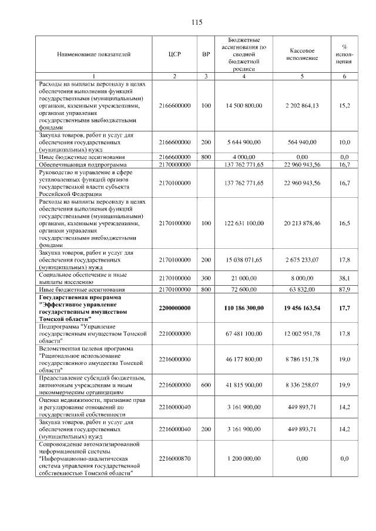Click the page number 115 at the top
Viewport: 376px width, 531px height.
(x=197, y=22)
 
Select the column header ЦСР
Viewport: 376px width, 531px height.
(x=174, y=55)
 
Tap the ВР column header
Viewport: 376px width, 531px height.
(x=206, y=55)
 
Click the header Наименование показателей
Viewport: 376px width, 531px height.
(x=94, y=55)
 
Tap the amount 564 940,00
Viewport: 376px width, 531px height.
(x=302, y=141)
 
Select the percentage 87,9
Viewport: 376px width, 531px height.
(x=344, y=289)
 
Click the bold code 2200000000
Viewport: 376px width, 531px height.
(x=174, y=308)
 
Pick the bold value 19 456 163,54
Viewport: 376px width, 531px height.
(x=302, y=308)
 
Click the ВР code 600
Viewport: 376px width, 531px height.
(x=206, y=384)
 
